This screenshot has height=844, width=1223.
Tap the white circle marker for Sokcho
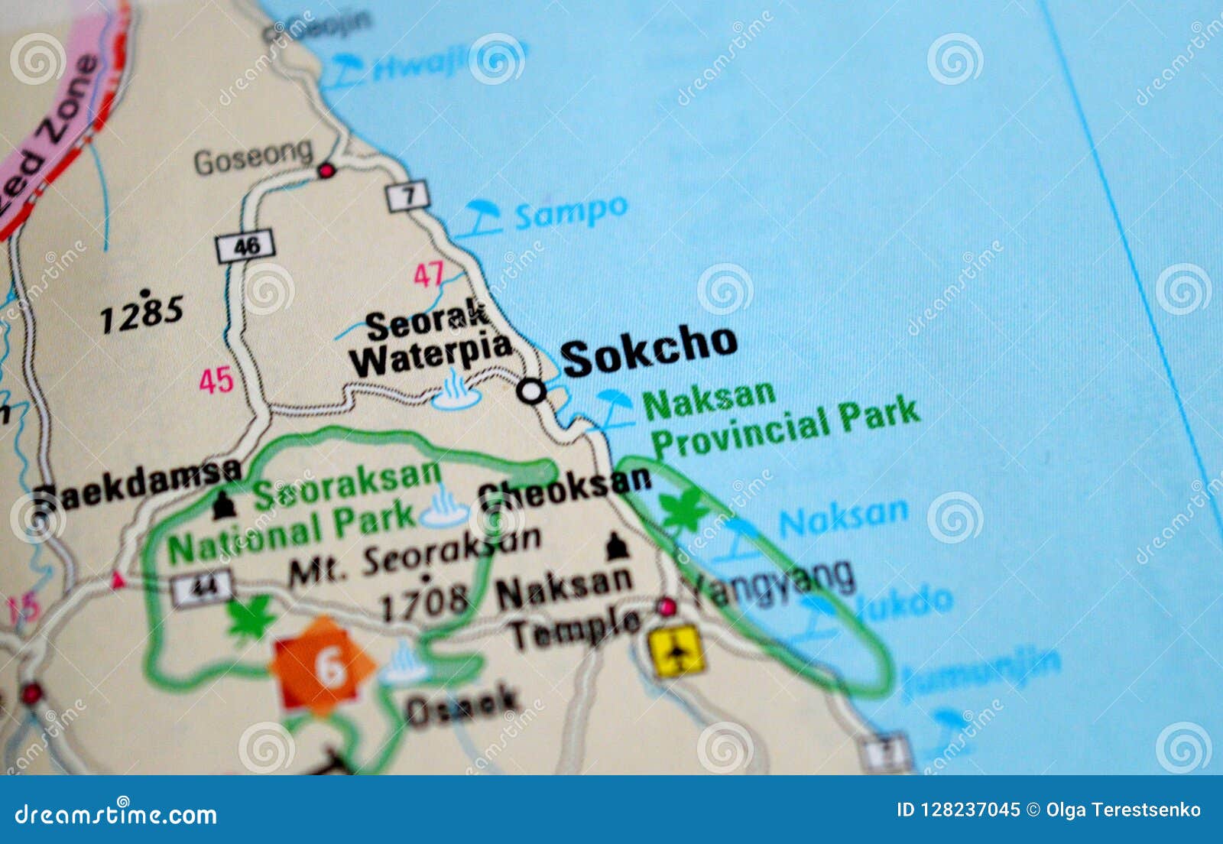pos(531,391)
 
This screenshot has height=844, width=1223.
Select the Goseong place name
pos(253,157)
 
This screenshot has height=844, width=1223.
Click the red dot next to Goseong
pos(326,170)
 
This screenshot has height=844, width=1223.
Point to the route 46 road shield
pos(245,245)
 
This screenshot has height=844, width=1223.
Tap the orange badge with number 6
pos(324,667)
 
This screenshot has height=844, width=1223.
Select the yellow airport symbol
pos(676,651)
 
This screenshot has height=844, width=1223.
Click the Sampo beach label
pos(570,212)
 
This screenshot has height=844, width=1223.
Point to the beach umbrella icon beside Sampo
pos(482,217)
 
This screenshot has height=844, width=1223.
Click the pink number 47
pos(429,274)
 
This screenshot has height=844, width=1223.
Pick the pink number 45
pos(216,380)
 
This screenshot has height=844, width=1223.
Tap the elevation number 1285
pos(142,313)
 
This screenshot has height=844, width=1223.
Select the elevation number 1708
pos(424,601)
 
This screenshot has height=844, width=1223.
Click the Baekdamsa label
pos(138,485)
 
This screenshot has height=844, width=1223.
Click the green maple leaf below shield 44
pos(251,618)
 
